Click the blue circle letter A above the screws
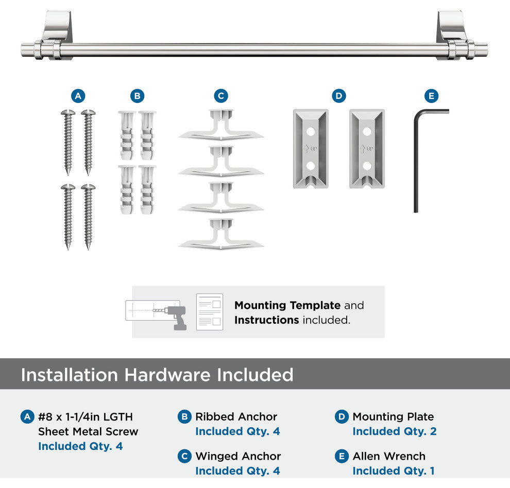coord(78,96)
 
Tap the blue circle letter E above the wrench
coord(431,96)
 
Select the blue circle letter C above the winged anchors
coord(221,96)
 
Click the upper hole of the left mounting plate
coord(311,132)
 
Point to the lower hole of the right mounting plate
coord(367,166)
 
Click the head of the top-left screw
coord(68,113)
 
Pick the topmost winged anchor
coord(221,125)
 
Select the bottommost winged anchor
coord(221,234)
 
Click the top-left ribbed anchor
coord(127,135)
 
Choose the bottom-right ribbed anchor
coord(147,189)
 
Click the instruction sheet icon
coord(210,312)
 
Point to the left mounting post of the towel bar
coord(57,34)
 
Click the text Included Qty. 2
coord(395,431)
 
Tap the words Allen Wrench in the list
coord(389,456)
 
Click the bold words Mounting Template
coord(287,305)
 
